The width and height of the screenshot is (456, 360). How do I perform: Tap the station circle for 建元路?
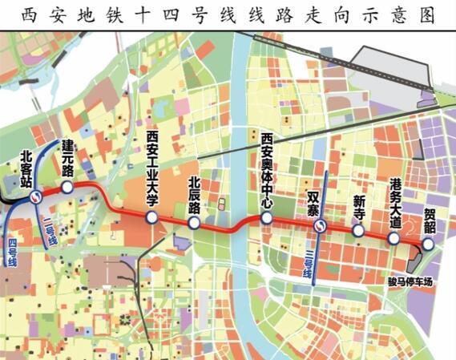pyautogui.click(x=67, y=187)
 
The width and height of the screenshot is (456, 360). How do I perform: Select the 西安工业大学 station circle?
pyautogui.click(x=151, y=217)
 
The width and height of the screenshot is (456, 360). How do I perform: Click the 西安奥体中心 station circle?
pyautogui.click(x=268, y=216)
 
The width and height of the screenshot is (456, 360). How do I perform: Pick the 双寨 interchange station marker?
pyautogui.click(x=320, y=226)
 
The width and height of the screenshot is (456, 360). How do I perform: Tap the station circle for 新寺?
pyautogui.click(x=358, y=230)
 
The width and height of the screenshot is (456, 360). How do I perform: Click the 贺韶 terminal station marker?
pyautogui.click(x=427, y=245)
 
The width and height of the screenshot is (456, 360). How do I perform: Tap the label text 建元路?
pyautogui.click(x=68, y=159)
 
